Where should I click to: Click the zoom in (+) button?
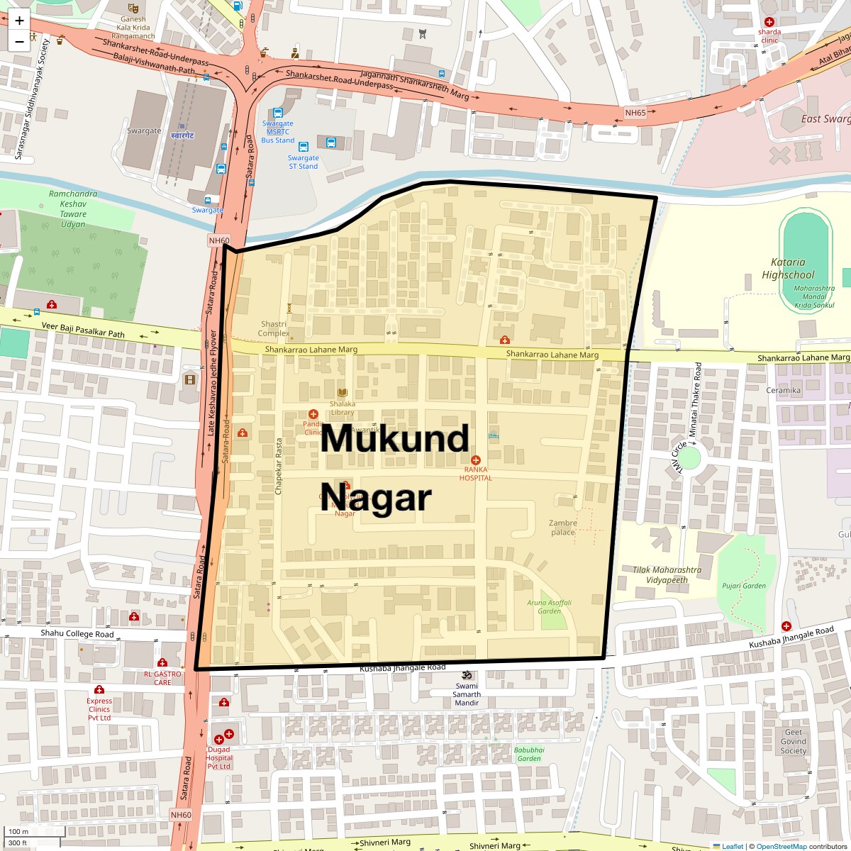(x=19, y=21)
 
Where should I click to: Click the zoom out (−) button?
(x=19, y=41)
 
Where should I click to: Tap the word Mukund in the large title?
(x=394, y=439)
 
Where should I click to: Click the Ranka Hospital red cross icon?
(x=475, y=460)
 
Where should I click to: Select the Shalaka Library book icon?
(x=343, y=393)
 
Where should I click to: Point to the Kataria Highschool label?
(x=788, y=268)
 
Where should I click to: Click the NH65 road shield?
(x=635, y=112)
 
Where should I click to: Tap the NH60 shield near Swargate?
(x=220, y=241)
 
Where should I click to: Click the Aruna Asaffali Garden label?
(x=549, y=606)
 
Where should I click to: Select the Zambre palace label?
(x=564, y=528)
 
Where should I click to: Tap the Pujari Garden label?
(x=744, y=586)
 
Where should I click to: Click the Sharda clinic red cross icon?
(x=769, y=22)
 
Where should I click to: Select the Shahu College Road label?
(x=77, y=634)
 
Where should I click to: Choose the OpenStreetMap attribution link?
(x=781, y=846)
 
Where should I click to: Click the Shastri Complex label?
(x=274, y=328)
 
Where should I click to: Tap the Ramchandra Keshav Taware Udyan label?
(x=73, y=209)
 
